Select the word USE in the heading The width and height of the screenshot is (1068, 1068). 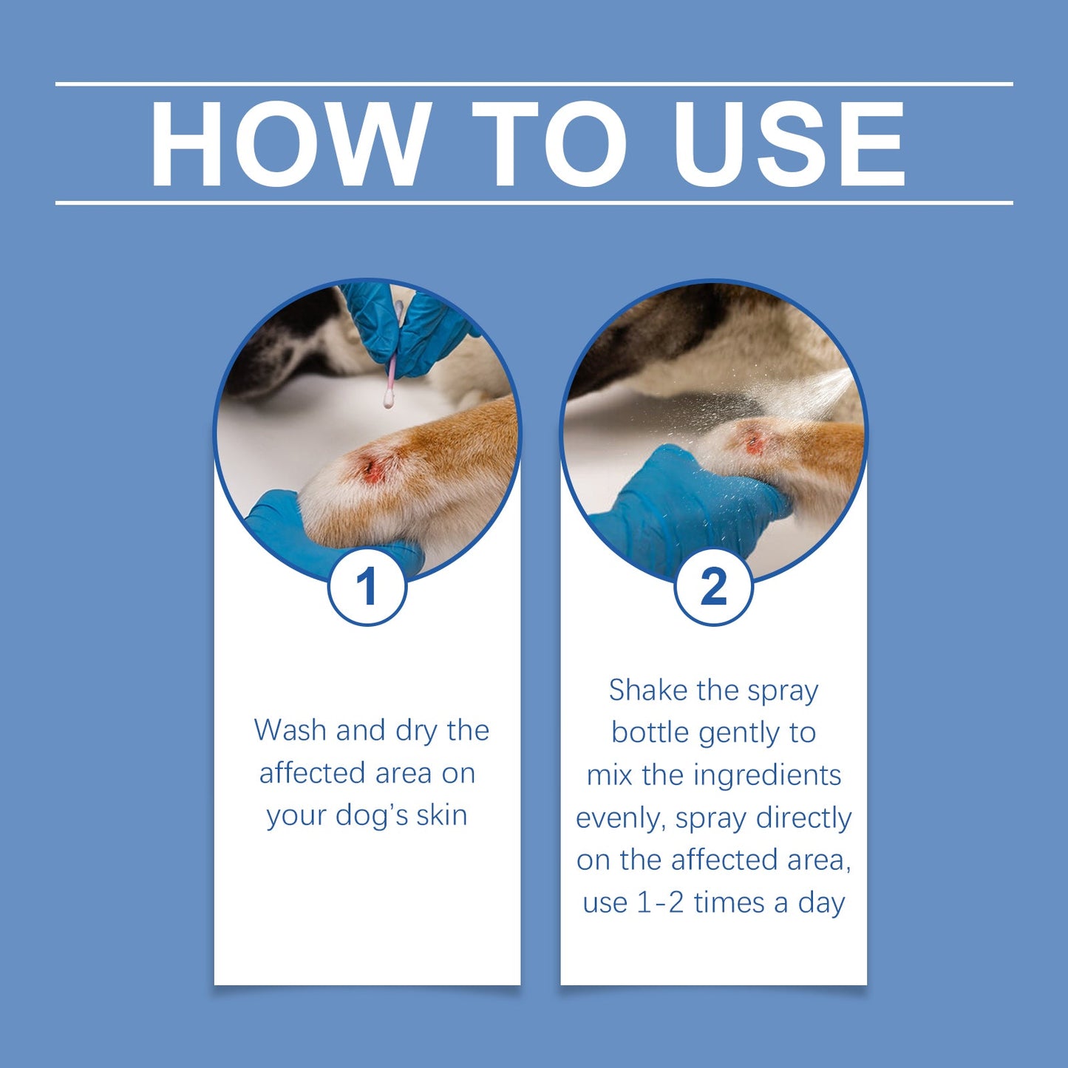tap(789, 144)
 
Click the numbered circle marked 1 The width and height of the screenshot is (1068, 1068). tap(367, 588)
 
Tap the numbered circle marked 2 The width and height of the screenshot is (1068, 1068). tap(713, 588)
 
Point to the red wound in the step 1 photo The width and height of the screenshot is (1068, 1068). tap(372, 469)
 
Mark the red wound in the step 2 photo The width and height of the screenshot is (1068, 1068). tap(754, 443)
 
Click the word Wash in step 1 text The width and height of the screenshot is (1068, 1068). tap(290, 730)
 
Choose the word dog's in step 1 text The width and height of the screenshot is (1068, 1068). tap(372, 816)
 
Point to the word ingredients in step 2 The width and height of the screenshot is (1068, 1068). tap(767, 776)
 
